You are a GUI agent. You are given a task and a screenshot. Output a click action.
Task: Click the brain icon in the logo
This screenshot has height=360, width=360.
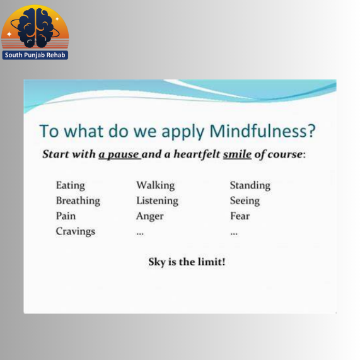click(35, 28)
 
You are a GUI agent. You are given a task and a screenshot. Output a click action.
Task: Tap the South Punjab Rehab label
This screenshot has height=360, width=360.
click(35, 55)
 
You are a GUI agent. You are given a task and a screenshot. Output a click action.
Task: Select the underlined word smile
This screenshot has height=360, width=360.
click(237, 154)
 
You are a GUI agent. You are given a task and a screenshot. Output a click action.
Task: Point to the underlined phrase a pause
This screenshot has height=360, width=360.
click(119, 154)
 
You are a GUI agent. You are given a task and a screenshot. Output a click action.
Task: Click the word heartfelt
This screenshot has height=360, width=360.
click(197, 154)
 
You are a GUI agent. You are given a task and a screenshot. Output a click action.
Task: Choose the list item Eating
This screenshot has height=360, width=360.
click(71, 185)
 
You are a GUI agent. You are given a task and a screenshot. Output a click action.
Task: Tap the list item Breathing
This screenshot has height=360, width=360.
click(78, 201)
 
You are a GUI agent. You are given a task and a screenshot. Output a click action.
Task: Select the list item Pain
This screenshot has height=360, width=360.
click(66, 216)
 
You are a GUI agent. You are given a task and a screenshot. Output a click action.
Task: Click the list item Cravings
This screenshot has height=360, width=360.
click(76, 231)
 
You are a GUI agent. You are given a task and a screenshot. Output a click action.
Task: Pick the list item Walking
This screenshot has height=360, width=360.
click(156, 185)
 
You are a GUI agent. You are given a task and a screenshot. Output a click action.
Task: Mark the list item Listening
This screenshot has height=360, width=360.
click(157, 201)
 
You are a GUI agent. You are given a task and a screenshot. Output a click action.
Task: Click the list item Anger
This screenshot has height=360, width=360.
click(150, 216)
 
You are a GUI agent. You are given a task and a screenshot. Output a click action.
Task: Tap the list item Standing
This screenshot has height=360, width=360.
click(250, 185)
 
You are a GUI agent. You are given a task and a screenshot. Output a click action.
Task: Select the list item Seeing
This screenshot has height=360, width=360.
click(245, 201)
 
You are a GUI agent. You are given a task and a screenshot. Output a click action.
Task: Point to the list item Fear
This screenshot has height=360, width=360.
click(240, 216)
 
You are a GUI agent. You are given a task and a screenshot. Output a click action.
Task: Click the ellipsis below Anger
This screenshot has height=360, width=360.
click(140, 234)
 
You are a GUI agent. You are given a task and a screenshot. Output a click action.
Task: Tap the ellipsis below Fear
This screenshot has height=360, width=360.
click(234, 234)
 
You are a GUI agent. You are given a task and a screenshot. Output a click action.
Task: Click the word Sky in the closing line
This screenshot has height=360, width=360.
click(157, 262)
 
